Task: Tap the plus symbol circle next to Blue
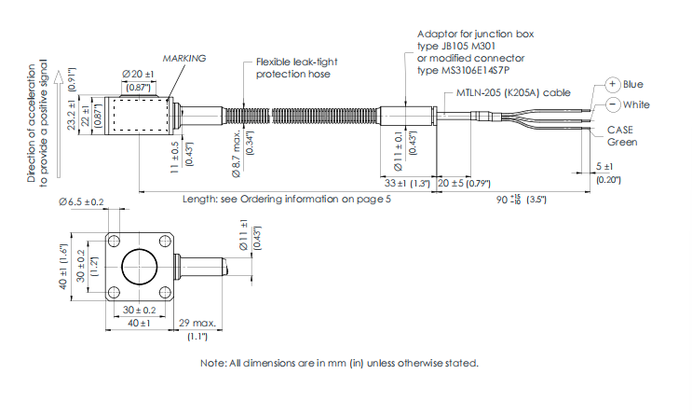coord(612,84)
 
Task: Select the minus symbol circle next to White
coord(612,104)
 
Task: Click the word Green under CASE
coord(623,143)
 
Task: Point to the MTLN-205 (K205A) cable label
coord(513,93)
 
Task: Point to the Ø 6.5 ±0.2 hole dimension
coord(80,201)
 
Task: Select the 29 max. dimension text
coord(197,323)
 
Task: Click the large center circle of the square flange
coord(139,264)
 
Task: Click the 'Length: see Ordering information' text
coord(280,200)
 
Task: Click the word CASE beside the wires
coord(620,130)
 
